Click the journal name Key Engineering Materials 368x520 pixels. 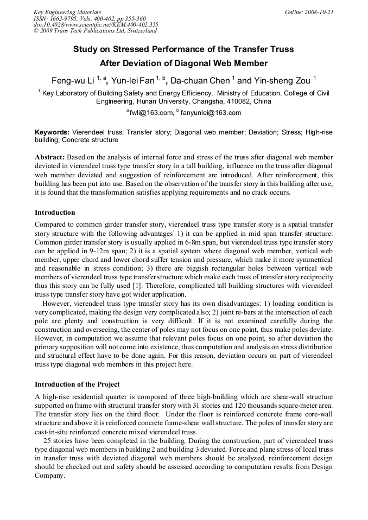67,12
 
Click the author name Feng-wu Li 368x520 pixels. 73,81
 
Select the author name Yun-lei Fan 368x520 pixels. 132,81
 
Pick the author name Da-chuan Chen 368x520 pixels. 200,81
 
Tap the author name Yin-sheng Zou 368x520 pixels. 282,81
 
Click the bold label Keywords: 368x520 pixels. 52,132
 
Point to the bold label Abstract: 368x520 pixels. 49,157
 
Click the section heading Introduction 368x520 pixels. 55,213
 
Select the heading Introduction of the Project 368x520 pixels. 77,384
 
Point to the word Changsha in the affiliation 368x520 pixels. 207,101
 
